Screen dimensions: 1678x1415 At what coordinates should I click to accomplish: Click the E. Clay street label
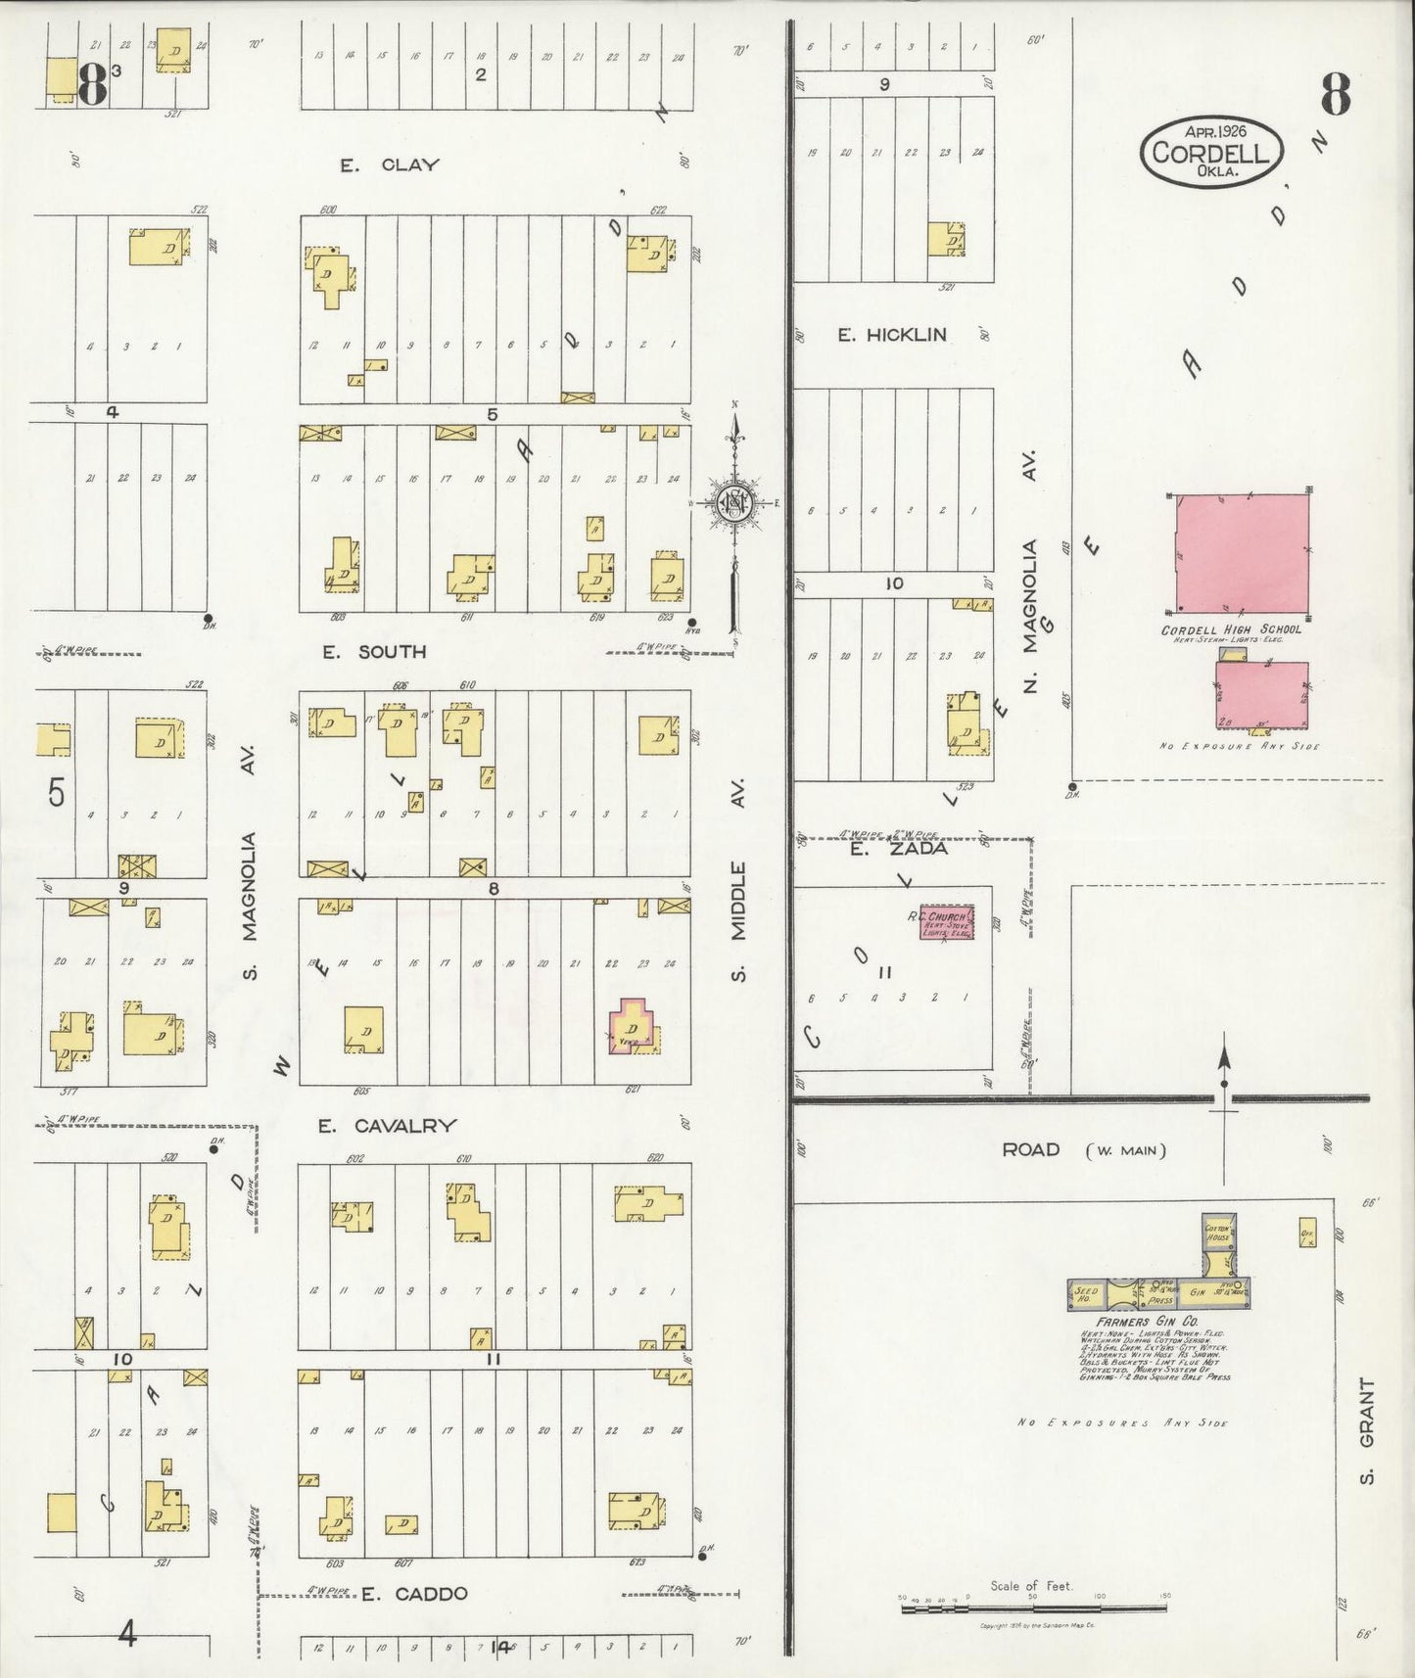click(389, 164)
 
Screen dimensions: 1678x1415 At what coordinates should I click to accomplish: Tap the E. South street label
click(375, 651)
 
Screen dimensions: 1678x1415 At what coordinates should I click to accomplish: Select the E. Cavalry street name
click(387, 1126)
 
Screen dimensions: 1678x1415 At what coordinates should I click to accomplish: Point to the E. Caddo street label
click(414, 1593)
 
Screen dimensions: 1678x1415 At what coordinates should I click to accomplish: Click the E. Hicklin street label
click(891, 335)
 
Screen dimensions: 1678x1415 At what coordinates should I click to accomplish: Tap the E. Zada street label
click(884, 849)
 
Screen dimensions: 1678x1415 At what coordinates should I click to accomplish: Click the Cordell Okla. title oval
click(1210, 152)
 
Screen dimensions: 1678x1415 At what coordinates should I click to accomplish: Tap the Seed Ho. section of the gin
click(1086, 1294)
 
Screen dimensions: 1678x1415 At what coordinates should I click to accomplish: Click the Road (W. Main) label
click(1083, 1149)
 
